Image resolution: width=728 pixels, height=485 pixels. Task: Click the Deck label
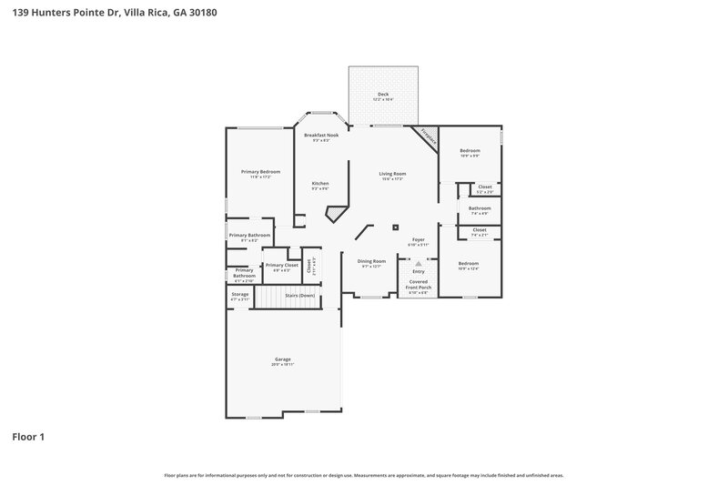coord(383,94)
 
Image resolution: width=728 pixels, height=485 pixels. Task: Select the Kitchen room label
coord(320,183)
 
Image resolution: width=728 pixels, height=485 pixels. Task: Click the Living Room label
coord(392,173)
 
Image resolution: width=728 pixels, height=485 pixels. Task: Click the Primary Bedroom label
coord(260,171)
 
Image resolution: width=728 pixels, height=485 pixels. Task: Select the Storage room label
coord(239,294)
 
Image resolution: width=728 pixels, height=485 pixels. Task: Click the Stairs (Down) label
coord(299,296)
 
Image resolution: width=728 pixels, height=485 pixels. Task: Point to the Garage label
coord(283,359)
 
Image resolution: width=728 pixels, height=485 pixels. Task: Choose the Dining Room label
coord(373,261)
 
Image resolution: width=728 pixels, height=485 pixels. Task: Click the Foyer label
coord(419,239)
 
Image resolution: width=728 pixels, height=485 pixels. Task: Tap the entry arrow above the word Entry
coord(419,263)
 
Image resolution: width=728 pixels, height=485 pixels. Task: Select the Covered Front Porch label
coord(419,284)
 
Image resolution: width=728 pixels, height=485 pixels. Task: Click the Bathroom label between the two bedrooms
coord(480,207)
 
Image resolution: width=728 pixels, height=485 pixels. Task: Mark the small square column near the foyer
coord(395,227)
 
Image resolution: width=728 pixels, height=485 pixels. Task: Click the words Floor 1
coord(28,437)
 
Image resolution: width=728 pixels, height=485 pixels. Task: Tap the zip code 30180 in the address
coord(203,14)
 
